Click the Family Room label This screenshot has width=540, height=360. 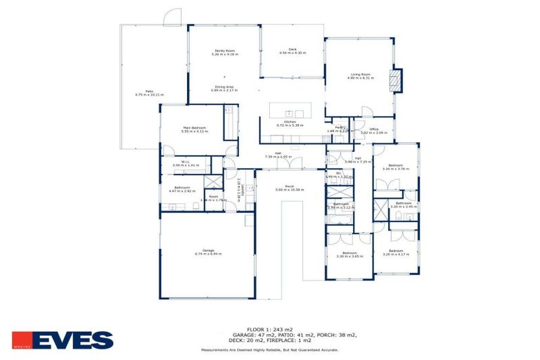click(224, 52)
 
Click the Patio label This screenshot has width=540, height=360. click(149, 92)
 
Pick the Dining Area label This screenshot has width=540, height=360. click(224, 87)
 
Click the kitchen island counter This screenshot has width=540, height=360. click(289, 112)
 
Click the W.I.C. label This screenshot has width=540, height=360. click(186, 163)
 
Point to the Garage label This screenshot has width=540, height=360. click(207, 251)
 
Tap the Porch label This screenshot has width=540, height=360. click(289, 187)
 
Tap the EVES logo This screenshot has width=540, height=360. click(63, 340)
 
